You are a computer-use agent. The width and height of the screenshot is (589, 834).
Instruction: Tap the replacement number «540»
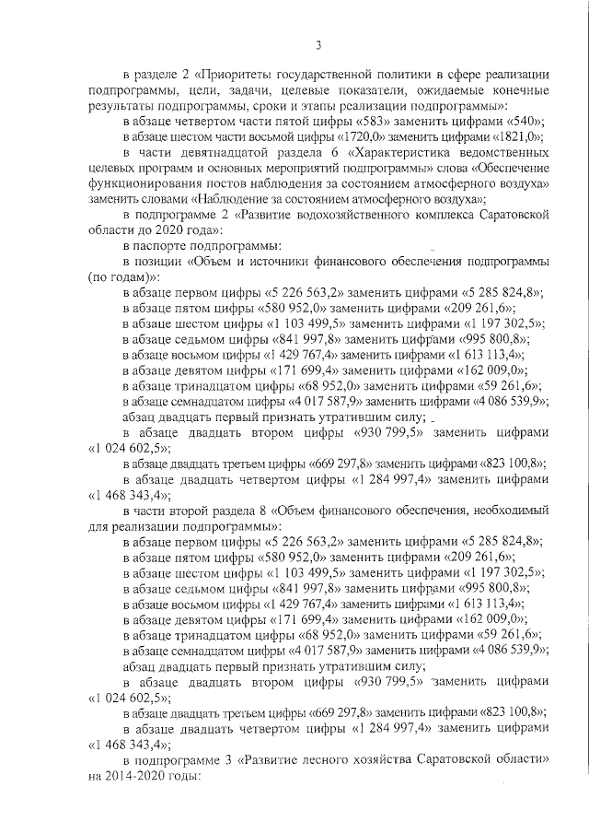coord(524,122)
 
